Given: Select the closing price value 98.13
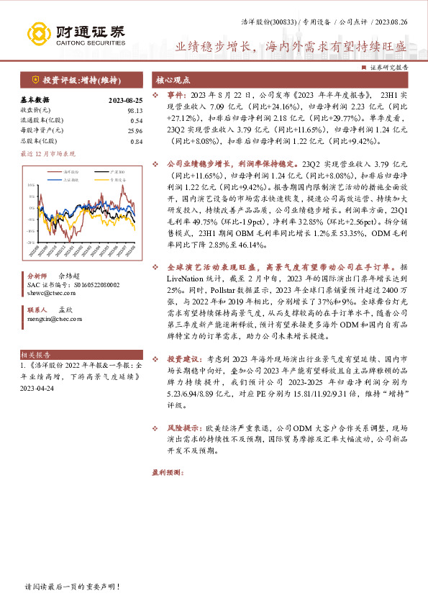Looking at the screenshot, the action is click(x=135, y=110).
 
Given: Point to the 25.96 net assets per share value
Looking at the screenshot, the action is click(x=135, y=130).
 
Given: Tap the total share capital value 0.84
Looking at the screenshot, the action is click(x=136, y=141).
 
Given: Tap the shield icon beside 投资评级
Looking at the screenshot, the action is click(x=35, y=79).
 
